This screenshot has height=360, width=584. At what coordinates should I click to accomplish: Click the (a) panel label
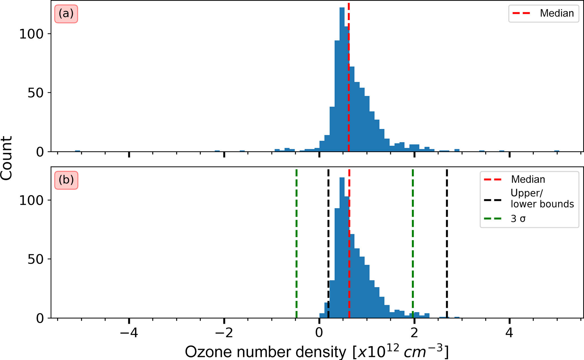point(66,14)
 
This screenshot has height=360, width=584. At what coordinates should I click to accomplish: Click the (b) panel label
point(66,180)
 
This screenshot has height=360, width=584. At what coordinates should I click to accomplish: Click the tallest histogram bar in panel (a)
point(342,79)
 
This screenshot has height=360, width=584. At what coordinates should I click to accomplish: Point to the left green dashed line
point(296,243)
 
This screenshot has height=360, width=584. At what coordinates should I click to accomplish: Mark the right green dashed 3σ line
point(413,243)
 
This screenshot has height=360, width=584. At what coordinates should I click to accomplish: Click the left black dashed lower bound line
point(328,243)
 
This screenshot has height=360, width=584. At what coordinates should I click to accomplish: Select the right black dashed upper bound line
point(447,243)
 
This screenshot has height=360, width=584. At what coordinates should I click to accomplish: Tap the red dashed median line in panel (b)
point(349,243)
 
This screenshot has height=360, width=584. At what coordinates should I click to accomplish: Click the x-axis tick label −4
point(129,333)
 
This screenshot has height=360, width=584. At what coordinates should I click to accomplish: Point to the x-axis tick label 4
point(509,333)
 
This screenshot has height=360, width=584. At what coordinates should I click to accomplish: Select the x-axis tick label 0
point(319,333)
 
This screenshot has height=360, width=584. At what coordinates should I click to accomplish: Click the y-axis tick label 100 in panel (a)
point(31,34)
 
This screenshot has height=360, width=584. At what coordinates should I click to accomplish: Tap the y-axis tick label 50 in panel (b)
point(35,259)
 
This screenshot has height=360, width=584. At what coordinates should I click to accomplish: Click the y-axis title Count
point(6,158)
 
